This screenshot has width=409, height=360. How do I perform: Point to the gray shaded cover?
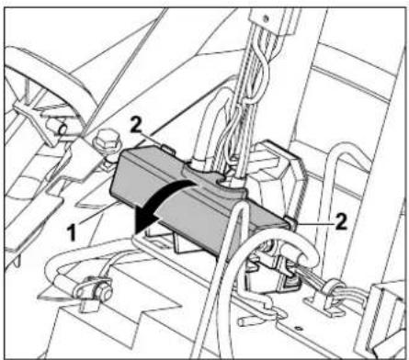click(184, 207)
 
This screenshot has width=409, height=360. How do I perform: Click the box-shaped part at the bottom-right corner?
click(386, 317)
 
